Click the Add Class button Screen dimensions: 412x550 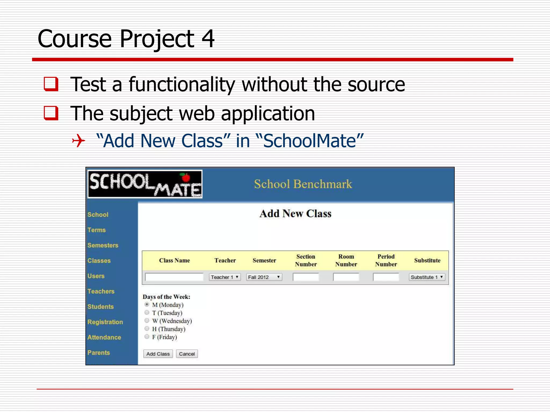[x=158, y=354]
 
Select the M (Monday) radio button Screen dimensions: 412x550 [x=147, y=304]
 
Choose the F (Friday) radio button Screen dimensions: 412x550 [x=147, y=337]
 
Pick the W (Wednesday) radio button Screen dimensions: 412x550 [x=147, y=321]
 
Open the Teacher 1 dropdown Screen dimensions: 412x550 [x=225, y=277]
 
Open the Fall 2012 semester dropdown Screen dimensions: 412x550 [x=264, y=277]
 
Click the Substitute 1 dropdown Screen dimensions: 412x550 [x=427, y=277]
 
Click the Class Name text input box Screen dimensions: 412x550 [x=174, y=277]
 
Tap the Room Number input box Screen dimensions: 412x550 [x=346, y=277]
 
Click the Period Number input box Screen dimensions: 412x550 [x=386, y=277]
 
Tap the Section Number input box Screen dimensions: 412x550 [x=306, y=277]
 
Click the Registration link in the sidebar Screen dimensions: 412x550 [x=105, y=322]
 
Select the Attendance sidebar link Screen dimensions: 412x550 [x=104, y=337]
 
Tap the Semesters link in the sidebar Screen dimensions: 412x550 [x=103, y=245]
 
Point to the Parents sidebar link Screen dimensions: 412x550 [x=99, y=352]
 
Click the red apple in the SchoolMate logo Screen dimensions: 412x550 [x=185, y=177]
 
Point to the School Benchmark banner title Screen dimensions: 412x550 [x=303, y=184]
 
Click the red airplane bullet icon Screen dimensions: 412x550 [x=78, y=141]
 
